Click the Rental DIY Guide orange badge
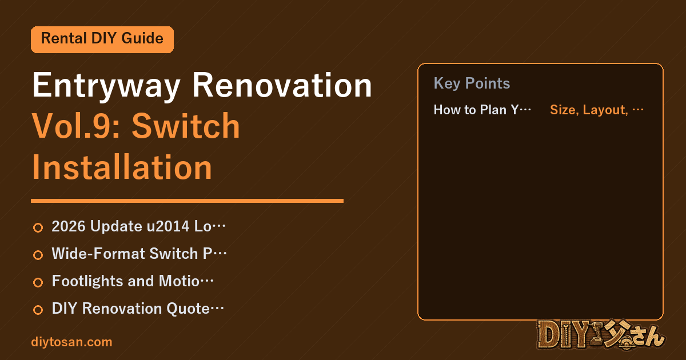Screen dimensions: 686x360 [102, 39]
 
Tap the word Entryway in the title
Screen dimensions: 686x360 [106, 86]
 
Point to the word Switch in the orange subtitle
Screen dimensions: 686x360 [186, 126]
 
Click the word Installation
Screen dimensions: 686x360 [122, 167]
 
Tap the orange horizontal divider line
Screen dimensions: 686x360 [187, 201]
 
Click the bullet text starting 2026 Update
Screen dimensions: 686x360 [138, 226]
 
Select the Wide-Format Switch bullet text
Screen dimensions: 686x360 [139, 254]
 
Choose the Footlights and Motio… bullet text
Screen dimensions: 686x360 [133, 281]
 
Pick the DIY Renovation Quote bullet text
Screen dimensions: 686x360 [138, 308]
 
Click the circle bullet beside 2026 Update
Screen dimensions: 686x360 [38, 227]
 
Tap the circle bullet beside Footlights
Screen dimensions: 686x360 [38, 282]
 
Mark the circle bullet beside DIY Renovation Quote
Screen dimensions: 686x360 [38, 310]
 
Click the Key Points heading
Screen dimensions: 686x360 [472, 83]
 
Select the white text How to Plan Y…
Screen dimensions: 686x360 [482, 110]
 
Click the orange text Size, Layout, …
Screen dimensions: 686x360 [597, 110]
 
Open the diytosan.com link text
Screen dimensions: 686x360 [71, 342]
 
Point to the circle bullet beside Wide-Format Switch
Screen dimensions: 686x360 [38, 255]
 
